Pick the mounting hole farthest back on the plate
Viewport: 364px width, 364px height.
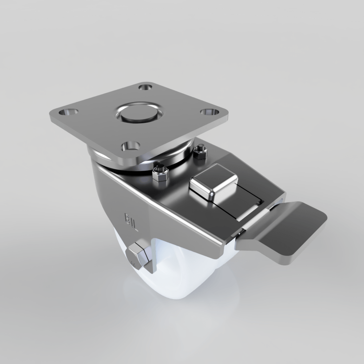146,87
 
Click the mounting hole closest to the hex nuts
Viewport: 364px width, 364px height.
130,146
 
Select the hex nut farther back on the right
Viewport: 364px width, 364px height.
199,153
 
